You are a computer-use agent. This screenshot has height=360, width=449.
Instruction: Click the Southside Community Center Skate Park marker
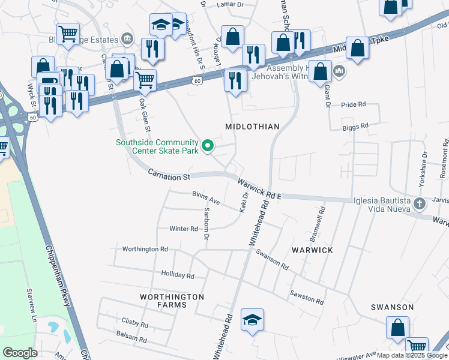click(208, 146)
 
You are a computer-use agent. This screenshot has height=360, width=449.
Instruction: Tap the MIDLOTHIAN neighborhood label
click(252, 127)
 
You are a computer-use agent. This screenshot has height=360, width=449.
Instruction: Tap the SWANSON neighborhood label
click(392, 307)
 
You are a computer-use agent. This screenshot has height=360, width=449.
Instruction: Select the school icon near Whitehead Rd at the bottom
click(253, 319)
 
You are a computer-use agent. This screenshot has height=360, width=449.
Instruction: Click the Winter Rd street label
click(184, 229)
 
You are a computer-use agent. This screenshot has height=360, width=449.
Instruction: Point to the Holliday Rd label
click(178, 275)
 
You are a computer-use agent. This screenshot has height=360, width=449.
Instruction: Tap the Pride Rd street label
click(354, 104)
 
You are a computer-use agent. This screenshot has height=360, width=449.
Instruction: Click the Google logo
click(20, 353)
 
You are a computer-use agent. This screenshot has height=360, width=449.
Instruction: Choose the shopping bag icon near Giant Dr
click(321, 71)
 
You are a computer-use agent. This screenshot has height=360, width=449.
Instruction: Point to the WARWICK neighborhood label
click(312, 249)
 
